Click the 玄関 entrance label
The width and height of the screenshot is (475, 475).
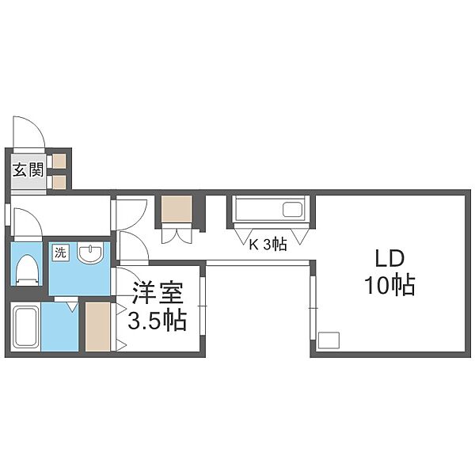point(28,169)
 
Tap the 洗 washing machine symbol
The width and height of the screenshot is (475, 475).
point(60,253)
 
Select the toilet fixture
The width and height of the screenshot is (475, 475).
point(27,270)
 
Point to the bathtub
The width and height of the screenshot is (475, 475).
point(26,326)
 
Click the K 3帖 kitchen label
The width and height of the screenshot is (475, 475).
point(268,244)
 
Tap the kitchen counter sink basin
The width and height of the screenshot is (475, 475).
point(292,209)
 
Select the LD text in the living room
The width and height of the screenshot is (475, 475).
point(389,259)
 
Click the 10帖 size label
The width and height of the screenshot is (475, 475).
point(389,285)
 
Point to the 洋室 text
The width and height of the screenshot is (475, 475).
point(158,293)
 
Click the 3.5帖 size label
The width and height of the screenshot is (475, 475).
point(157,321)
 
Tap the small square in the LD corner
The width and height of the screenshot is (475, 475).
point(329,340)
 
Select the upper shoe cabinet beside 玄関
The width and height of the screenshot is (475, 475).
point(59,161)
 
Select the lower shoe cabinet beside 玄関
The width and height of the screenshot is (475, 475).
point(59,182)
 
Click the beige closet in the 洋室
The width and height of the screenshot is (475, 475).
point(97,326)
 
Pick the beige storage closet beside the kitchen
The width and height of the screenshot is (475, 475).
point(177,209)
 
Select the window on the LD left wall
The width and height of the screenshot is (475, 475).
point(313,307)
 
